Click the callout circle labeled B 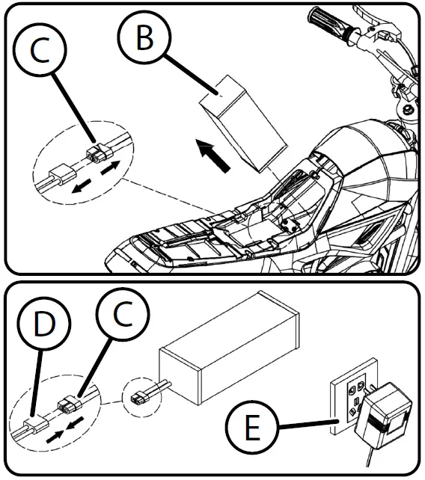click(144, 37)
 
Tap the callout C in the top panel click(40, 49)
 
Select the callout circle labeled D click(44, 323)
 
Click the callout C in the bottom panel click(123, 314)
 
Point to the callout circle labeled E click(252, 428)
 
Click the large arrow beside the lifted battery click(213, 156)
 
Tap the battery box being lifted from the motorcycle click(244, 123)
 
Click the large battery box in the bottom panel click(229, 348)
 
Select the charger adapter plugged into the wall click(383, 415)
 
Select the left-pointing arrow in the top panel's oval click(81, 186)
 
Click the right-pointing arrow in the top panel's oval click(110, 168)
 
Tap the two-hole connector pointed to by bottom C click(70, 403)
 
